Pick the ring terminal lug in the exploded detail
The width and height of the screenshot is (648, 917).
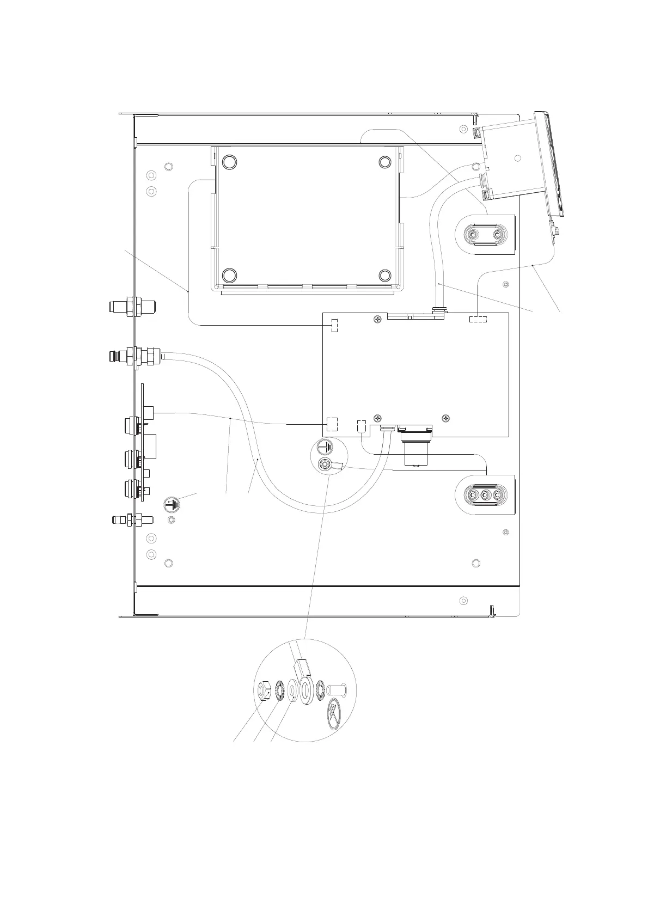click(304, 686)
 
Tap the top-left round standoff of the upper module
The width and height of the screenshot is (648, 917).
click(229, 162)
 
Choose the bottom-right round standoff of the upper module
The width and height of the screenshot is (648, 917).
click(385, 274)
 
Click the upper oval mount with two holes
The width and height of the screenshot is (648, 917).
click(484, 235)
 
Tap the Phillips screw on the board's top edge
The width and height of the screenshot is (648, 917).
click(377, 320)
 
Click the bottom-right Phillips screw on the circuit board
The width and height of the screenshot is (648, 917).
click(446, 418)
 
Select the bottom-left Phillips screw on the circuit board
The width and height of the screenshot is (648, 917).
click(377, 418)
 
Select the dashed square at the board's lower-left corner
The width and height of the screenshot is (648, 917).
click(332, 424)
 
